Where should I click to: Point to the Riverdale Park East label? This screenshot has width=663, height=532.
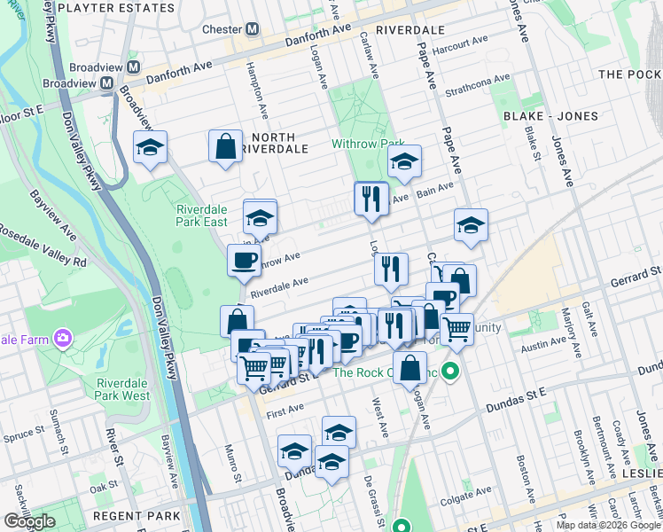coord(201,215)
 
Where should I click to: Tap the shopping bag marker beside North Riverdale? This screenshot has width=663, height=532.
coord(226,146)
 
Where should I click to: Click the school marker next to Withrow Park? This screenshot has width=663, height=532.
coord(404,161)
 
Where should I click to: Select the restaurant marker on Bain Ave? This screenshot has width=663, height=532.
coord(370,199)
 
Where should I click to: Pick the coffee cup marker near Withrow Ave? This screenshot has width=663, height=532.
coord(244,261)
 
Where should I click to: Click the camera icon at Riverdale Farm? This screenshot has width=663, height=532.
coord(62,338)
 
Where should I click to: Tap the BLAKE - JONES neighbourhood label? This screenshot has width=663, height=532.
coord(550,116)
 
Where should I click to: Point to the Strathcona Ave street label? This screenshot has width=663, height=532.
coord(479,85)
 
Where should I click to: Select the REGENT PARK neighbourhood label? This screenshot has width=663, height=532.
coord(140,515)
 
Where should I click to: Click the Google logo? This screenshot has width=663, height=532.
coord(29,521)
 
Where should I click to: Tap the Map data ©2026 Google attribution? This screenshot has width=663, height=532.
coord(607,525)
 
